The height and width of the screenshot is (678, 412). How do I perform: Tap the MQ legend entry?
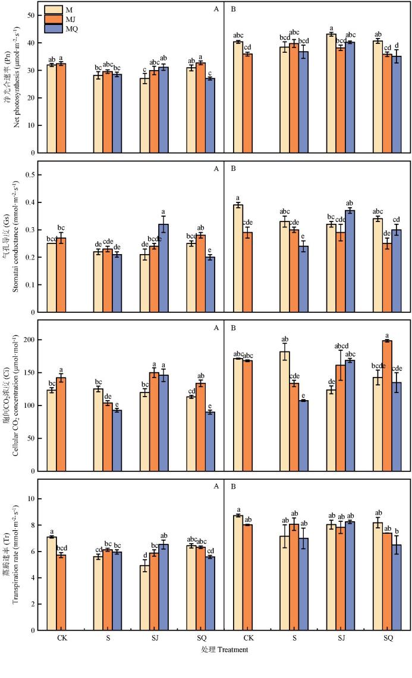tap(61, 28)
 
